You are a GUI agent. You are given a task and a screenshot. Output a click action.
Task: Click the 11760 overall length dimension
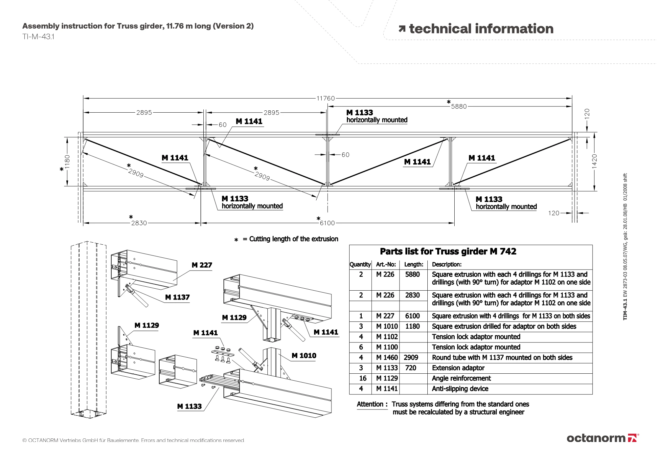pos(326,98)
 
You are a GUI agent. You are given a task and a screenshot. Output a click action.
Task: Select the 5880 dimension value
pos(459,106)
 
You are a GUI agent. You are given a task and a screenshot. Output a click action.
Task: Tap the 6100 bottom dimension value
pos(327,223)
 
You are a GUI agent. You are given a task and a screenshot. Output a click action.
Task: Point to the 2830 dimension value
pos(139,223)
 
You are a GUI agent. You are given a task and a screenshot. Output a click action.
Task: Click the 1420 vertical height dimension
pos(594,161)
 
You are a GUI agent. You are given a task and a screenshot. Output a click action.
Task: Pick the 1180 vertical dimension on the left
pos(67,162)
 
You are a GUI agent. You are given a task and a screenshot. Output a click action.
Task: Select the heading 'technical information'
pos(481,29)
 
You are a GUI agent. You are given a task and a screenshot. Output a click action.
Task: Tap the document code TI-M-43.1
pos(38,37)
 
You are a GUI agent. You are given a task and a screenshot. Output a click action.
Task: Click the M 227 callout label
pos(202,265)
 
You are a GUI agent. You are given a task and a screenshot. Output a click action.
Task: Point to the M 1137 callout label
pos(177,297)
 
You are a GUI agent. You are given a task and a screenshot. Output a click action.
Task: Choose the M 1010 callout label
pos(304,356)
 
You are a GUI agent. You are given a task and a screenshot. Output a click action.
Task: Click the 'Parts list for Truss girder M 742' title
pos(448,252)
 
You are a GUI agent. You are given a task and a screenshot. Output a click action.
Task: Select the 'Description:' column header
pos(446,264)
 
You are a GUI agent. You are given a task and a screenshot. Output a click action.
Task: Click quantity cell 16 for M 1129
pos(362,378)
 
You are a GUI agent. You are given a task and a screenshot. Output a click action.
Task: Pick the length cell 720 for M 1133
pos(410,368)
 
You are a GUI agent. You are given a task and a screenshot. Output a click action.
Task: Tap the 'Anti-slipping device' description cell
pos(460,389)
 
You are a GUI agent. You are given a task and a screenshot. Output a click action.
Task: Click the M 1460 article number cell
pos(387,358)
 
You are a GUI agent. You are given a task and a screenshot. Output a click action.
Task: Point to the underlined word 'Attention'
pos(370,404)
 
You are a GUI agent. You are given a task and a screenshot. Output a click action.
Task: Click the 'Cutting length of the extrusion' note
pos(293,239)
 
